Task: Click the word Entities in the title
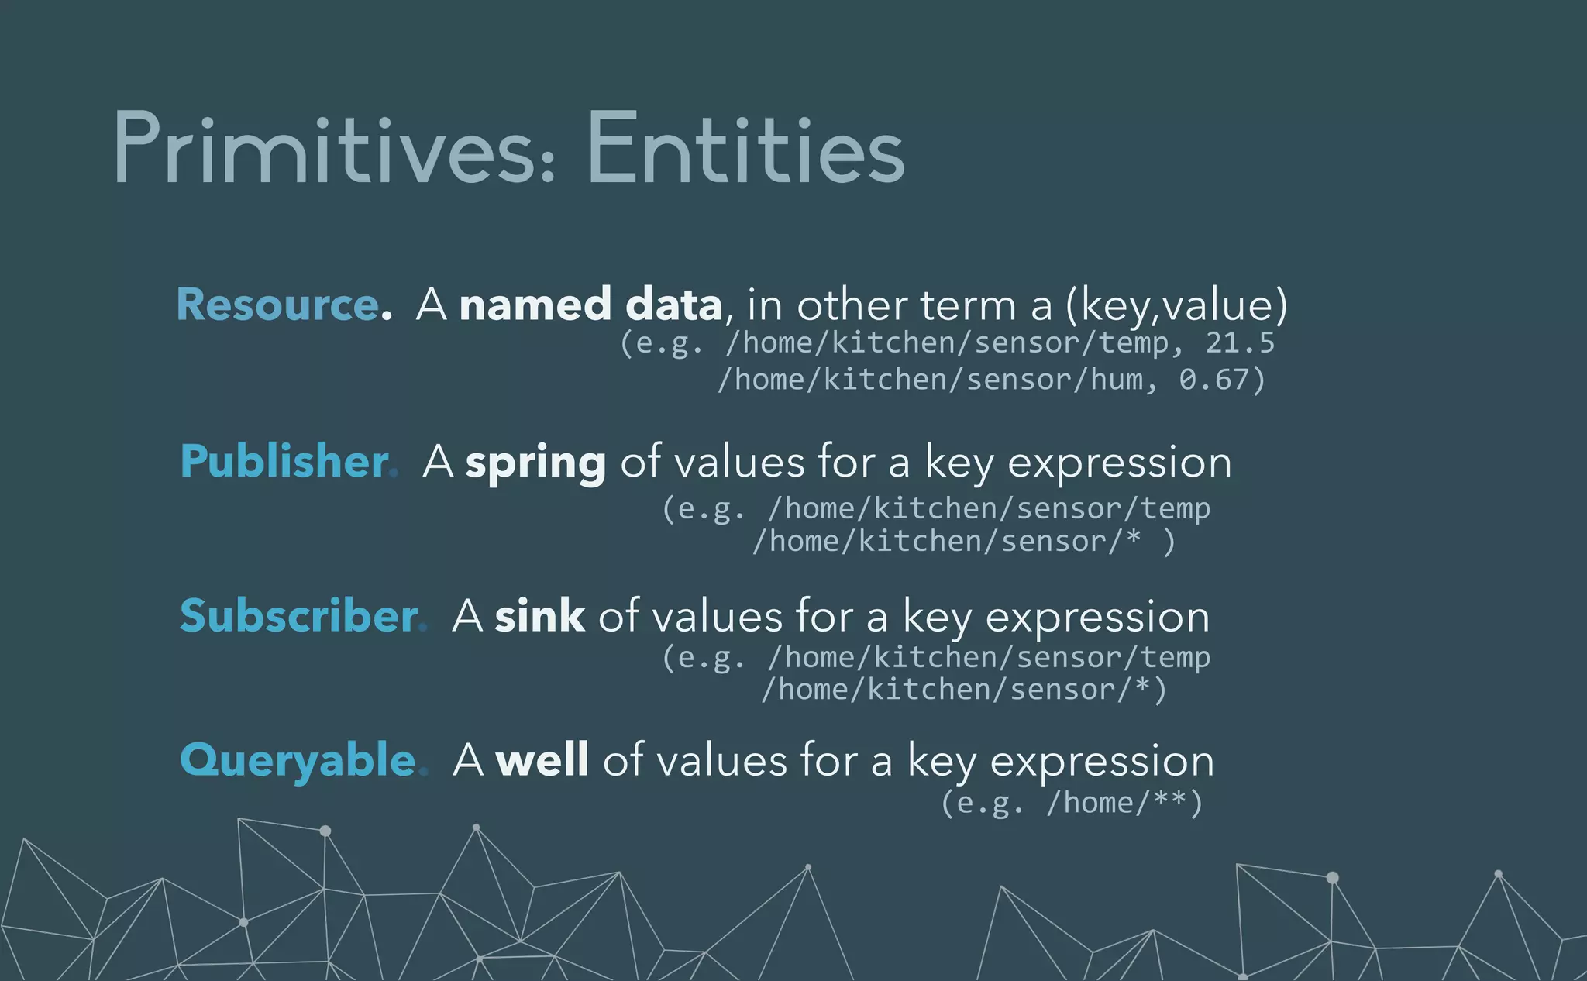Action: pos(745,149)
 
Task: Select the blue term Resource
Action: pos(277,304)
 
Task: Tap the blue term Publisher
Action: pos(284,462)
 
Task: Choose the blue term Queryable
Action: pos(298,759)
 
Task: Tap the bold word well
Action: pos(542,759)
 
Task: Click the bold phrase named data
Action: pos(590,304)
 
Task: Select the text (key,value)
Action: pos(1176,304)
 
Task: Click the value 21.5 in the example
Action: pos(1239,342)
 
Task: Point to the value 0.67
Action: pos(1214,380)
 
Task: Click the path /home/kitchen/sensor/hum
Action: pos(930,380)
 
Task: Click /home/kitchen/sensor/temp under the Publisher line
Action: pos(989,508)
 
